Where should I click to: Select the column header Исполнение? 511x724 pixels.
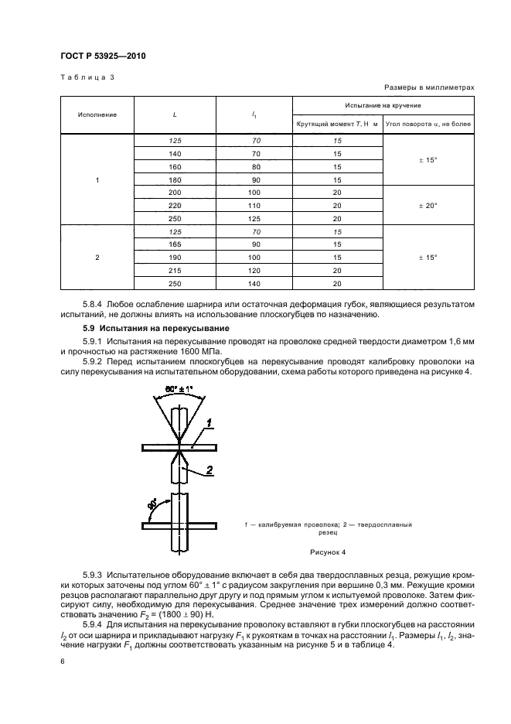(97, 114)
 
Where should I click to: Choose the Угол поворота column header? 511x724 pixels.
(428, 124)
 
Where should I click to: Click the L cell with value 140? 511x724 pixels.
(175, 153)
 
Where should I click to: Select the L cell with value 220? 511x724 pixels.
(175, 206)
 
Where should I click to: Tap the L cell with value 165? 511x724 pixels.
(175, 243)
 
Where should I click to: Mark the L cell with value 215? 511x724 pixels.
(175, 269)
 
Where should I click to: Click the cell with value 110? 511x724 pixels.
(254, 206)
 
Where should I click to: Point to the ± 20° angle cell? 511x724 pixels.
(428, 206)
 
